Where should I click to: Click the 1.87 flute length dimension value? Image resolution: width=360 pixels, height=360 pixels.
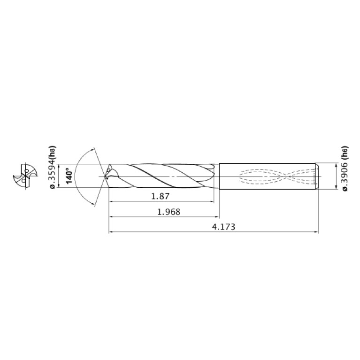161,196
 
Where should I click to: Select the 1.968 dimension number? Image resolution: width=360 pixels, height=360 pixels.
168,212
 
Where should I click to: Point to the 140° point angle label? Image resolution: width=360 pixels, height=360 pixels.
69,176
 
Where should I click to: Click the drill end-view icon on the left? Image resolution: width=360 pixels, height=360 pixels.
23,176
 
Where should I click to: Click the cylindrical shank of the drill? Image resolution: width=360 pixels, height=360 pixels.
268,176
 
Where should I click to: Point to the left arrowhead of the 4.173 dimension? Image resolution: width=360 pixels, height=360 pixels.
111,232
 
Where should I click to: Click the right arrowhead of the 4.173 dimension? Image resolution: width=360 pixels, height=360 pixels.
316,232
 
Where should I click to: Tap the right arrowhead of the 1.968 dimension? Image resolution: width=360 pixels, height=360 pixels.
217,216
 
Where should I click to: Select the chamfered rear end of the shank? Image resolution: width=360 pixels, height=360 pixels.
317,176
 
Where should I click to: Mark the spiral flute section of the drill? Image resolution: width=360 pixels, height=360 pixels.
164,176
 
